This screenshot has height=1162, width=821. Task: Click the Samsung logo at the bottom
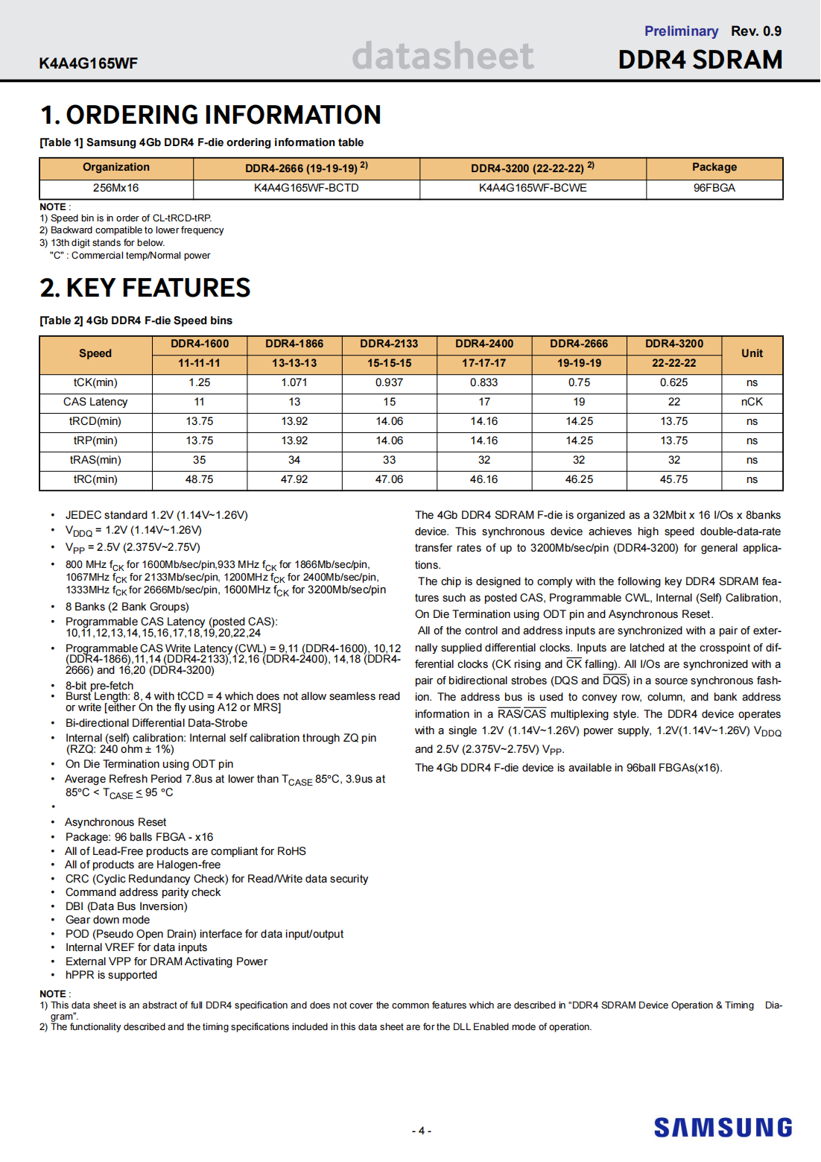[723, 1127]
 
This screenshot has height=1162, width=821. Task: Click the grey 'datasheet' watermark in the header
[443, 56]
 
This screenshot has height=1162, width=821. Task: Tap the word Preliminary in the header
[681, 31]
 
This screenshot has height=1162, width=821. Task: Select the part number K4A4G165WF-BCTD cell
[306, 189]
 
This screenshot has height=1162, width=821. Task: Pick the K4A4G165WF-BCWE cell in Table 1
[533, 189]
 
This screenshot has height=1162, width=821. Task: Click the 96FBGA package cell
[714, 189]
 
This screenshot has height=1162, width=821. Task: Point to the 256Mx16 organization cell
[115, 189]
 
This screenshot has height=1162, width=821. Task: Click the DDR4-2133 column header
[389, 344]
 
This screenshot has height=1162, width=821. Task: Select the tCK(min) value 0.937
[389, 383]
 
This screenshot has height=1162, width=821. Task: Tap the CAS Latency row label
[95, 402]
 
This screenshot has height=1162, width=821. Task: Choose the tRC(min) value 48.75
[199, 480]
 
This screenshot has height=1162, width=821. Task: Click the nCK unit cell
[752, 402]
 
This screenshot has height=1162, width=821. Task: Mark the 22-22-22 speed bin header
[673, 364]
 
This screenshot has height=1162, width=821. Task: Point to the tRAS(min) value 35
[199, 461]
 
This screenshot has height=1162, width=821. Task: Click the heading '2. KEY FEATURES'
[145, 288]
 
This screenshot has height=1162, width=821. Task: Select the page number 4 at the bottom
[421, 1131]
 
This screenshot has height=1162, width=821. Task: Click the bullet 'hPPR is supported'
[111, 975]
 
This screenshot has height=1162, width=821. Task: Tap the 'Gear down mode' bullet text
[107, 920]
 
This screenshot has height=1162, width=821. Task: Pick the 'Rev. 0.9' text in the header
[755, 31]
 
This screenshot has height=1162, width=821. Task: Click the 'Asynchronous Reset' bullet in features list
[115, 822]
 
